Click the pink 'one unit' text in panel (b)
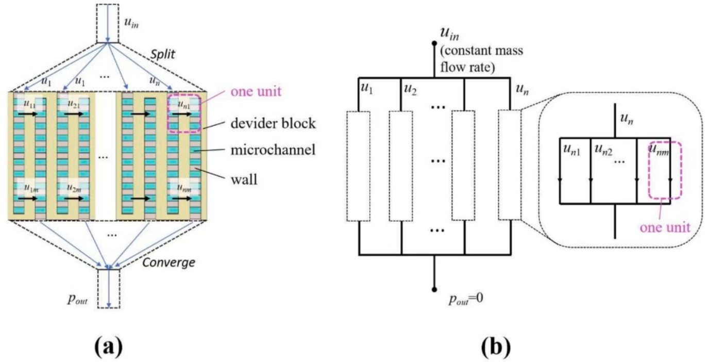point(664,227)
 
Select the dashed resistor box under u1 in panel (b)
point(358,166)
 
